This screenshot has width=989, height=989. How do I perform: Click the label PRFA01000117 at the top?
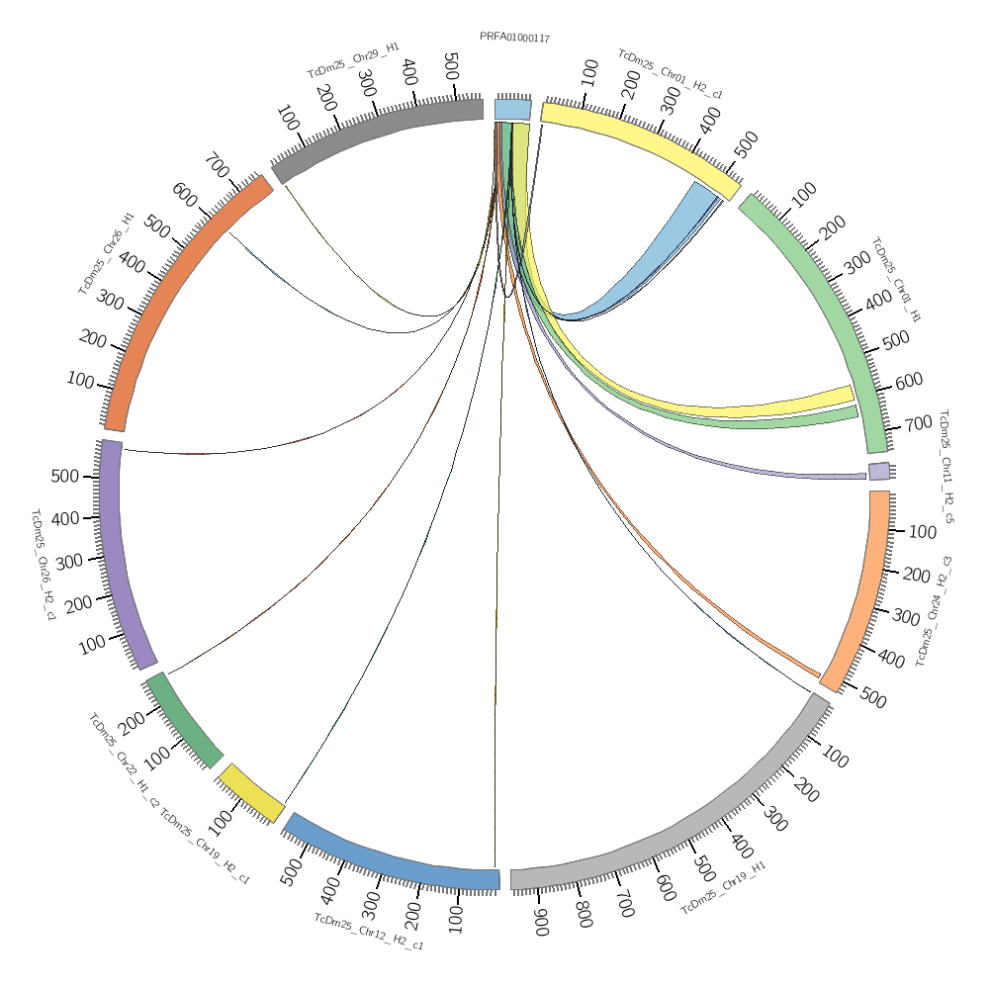[x=514, y=38]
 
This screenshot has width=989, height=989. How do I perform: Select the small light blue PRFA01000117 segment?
[x=513, y=109]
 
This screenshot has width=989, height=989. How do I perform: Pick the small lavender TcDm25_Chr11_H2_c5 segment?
[x=879, y=472]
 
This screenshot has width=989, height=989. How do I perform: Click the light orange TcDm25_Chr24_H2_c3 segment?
[x=865, y=593]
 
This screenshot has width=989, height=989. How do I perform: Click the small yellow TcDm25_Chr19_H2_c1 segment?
[x=251, y=792]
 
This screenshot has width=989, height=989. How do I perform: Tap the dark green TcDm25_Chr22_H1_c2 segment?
[x=184, y=721]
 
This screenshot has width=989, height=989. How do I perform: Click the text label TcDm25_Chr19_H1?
[x=723, y=887]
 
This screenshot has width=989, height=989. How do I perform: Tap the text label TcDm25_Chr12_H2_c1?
[x=369, y=933]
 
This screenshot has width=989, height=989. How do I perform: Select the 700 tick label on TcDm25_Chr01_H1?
[x=919, y=423]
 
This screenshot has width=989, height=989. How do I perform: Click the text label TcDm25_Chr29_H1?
[x=353, y=60]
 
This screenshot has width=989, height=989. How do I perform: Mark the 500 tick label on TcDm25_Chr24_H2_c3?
[x=872, y=697]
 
